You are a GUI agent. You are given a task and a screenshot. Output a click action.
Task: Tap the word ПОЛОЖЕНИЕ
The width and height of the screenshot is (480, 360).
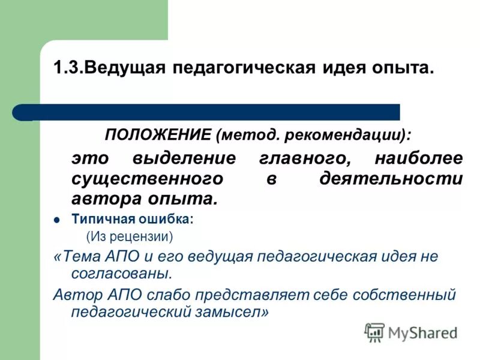(158, 134)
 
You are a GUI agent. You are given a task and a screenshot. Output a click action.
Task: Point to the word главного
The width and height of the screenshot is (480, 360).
(302, 160)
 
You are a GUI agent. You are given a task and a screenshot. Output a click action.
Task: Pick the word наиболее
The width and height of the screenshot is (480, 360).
(418, 160)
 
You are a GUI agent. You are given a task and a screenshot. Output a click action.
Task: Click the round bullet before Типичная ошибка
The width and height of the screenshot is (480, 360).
(58, 220)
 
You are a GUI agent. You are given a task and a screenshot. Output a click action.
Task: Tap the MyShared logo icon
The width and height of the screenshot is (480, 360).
(374, 332)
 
